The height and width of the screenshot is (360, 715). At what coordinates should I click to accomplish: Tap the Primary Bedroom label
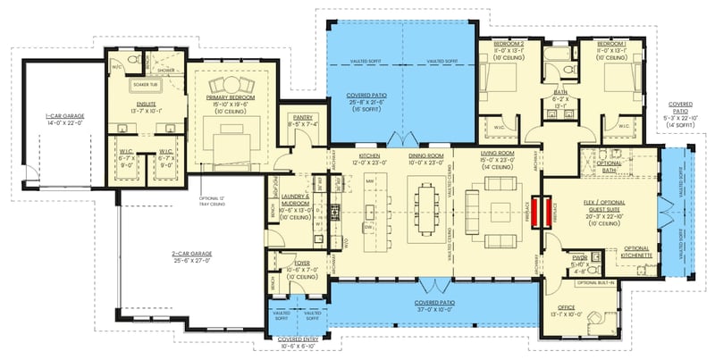tap(231, 96)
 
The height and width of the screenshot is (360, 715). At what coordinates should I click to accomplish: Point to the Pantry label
tap(301, 116)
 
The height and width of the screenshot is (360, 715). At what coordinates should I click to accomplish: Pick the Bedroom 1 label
tap(612, 43)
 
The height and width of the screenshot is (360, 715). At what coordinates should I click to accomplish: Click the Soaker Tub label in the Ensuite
tap(146, 85)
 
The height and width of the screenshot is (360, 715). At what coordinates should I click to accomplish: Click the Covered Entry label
tap(299, 340)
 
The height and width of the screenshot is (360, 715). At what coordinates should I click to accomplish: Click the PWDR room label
tap(578, 256)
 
